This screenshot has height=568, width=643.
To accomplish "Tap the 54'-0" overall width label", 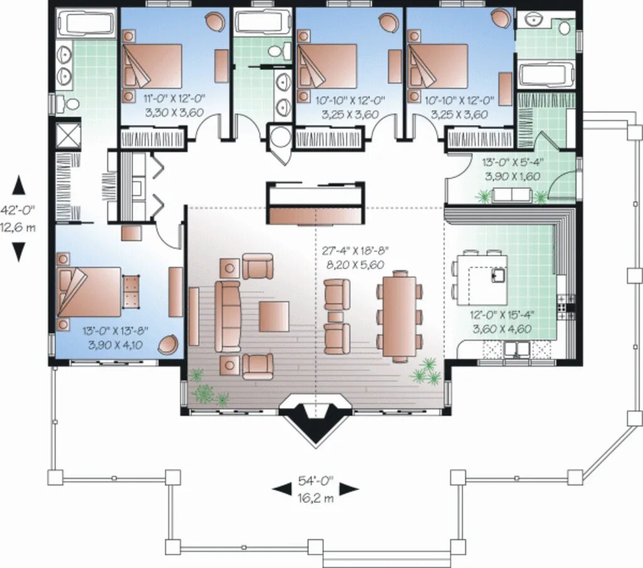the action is point(315,481).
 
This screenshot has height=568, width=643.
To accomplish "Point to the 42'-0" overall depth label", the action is point(18,210).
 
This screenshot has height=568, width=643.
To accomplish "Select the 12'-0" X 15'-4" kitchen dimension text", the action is point(502,314).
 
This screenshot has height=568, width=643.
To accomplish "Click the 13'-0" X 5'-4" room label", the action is point(513,163).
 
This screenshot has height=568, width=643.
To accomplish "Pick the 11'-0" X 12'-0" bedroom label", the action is point(174,99).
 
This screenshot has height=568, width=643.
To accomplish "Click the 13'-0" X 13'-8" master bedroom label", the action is point(116,330).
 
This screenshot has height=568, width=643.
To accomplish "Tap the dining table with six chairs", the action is point(399,316).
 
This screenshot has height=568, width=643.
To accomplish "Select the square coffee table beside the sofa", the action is point(274,316).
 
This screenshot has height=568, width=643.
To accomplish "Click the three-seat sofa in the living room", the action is point(228,316).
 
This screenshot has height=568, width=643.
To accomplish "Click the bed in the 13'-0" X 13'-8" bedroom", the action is point(89,292).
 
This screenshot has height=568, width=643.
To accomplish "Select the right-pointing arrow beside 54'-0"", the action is point(349,488).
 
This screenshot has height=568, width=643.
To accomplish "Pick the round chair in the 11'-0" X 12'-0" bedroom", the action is point(215,21).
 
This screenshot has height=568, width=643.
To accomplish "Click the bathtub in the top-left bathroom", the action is point(85,23).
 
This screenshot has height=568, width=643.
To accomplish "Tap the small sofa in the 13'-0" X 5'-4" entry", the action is point(512,195).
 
